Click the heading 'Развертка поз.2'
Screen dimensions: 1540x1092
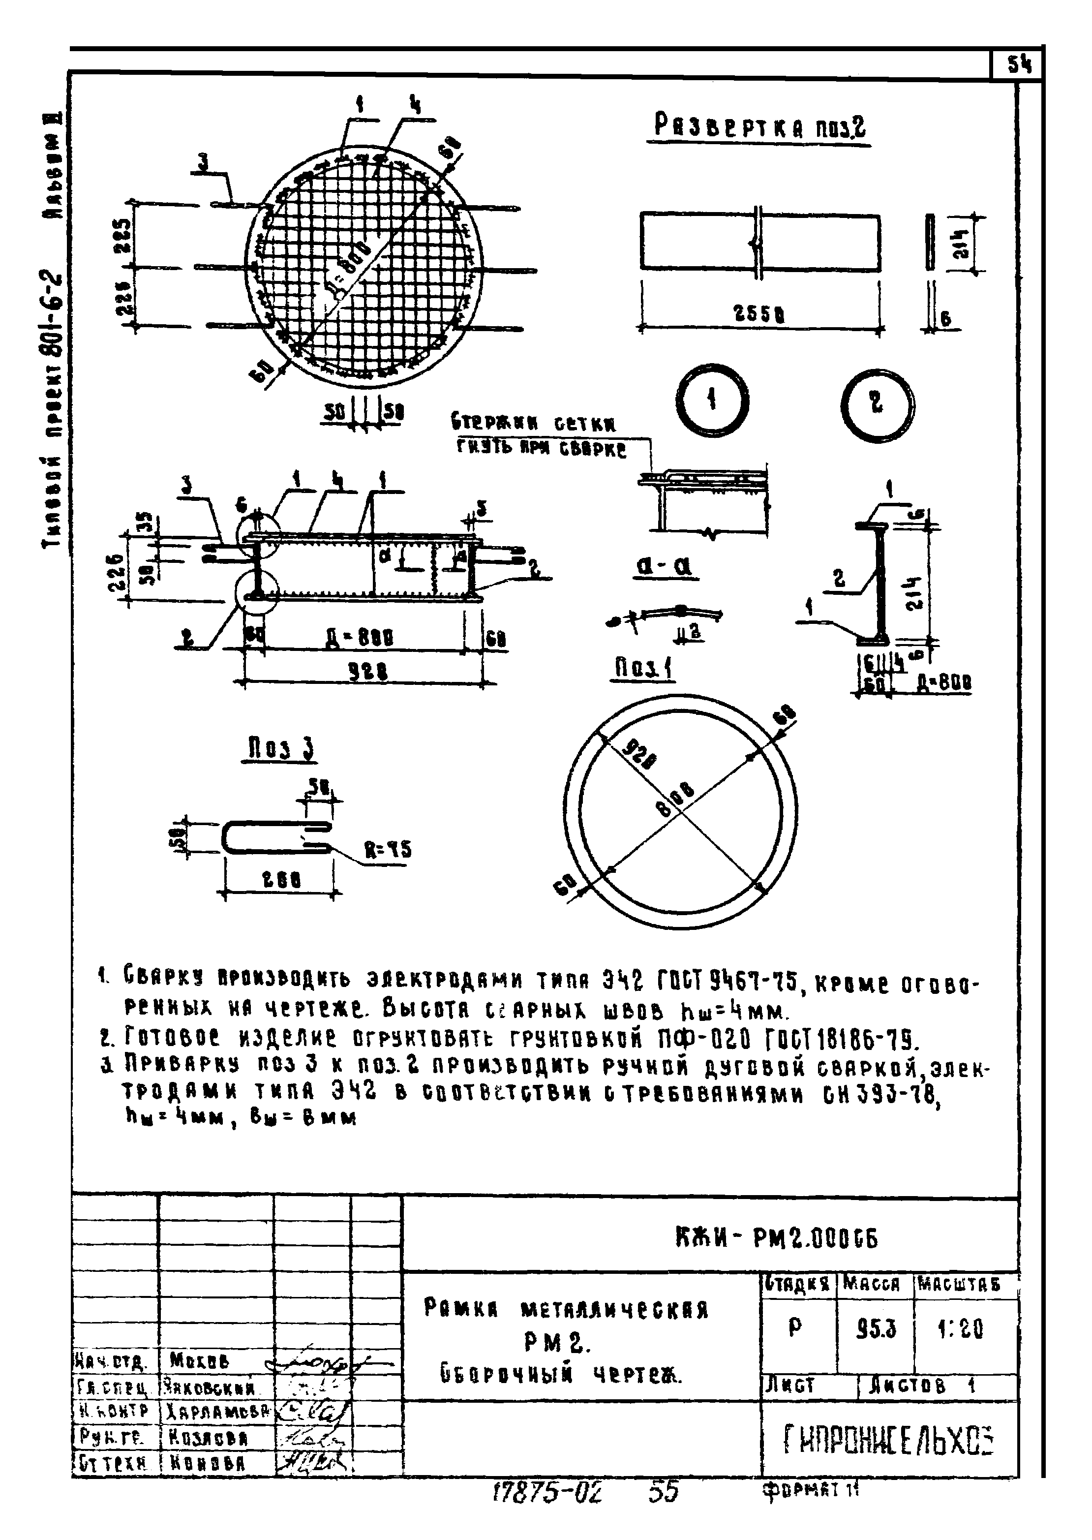[760, 126]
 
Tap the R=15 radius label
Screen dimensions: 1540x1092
[387, 850]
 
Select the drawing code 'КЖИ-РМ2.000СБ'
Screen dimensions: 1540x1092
[776, 1237]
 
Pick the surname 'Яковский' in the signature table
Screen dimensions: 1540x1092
[209, 1387]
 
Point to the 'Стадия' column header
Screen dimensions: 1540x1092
[797, 1285]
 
